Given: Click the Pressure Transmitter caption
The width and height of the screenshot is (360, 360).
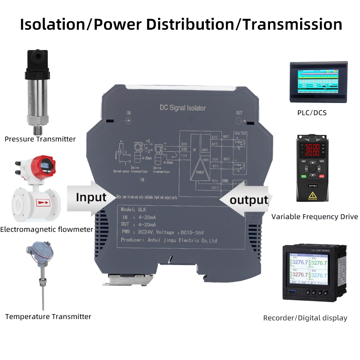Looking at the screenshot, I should [40, 139].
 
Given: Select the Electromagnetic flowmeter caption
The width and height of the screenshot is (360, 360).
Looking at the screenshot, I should [46, 229].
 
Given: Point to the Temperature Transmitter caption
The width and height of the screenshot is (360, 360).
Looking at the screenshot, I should [48, 317].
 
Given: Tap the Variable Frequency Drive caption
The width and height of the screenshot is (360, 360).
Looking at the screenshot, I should [315, 217].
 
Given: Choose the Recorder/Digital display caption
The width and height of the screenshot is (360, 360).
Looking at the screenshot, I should [305, 318].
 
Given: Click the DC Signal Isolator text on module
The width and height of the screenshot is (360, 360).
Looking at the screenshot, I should [183, 108].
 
